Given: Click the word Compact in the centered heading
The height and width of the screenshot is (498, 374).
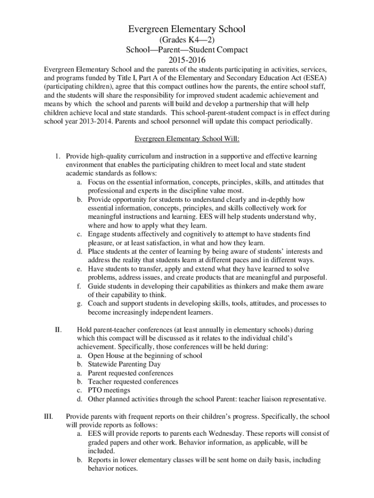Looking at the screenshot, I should click(231, 50).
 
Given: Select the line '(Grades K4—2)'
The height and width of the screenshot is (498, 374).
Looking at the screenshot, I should click(187, 40).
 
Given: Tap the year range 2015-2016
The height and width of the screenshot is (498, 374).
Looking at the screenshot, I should click(187, 60).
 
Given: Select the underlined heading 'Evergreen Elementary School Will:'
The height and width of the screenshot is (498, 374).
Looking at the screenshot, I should click(187, 139).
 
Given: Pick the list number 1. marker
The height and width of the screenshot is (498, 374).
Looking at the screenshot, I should click(57, 156).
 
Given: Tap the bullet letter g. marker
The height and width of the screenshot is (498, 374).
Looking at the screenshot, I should click(79, 303).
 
